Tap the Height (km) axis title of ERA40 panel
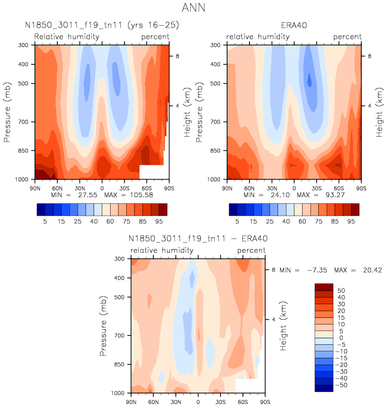click(379, 112)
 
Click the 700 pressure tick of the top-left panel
click(24, 122)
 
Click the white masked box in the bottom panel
click(246, 385)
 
